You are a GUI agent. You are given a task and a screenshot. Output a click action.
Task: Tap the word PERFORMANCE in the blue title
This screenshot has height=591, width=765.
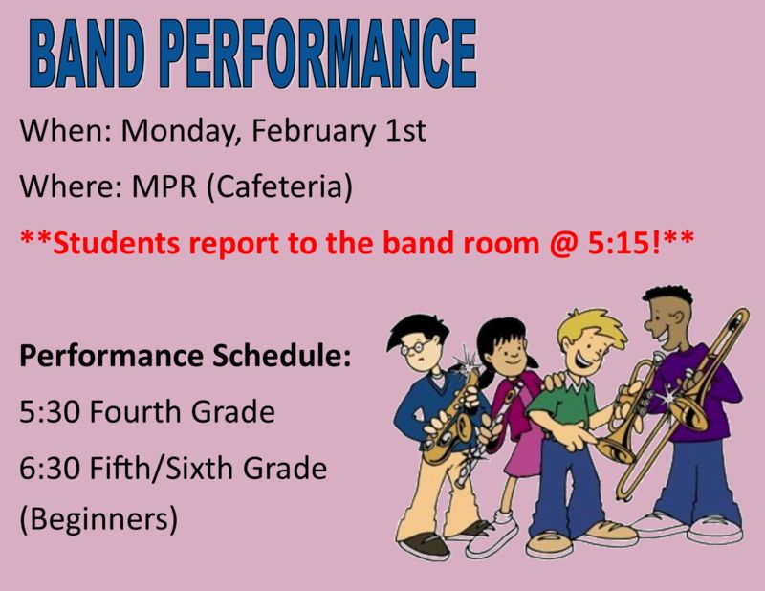click(318, 54)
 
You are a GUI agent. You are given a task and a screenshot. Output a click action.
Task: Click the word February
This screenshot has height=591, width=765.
click(314, 131)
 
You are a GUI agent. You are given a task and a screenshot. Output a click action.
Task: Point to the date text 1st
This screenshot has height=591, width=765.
click(405, 131)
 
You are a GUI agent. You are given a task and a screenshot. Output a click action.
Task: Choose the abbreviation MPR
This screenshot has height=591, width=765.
click(164, 186)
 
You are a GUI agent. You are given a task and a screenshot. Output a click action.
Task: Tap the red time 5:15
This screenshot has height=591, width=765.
click(619, 243)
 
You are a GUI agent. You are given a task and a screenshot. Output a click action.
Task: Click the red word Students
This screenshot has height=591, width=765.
click(116, 243)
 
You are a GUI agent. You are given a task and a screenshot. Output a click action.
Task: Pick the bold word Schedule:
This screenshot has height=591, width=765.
click(281, 356)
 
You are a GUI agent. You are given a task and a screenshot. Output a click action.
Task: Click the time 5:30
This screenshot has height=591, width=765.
click(51, 411)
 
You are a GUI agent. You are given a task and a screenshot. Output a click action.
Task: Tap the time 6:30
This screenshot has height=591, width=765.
click(51, 468)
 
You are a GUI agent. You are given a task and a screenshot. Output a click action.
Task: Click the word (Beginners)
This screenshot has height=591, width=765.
click(98, 518)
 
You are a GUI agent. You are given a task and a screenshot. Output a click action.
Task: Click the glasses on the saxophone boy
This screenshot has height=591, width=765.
click(416, 347)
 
